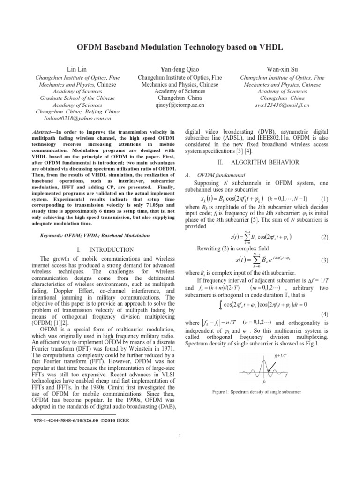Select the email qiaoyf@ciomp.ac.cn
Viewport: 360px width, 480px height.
click(179, 106)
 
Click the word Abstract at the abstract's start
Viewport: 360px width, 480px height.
click(46, 133)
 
